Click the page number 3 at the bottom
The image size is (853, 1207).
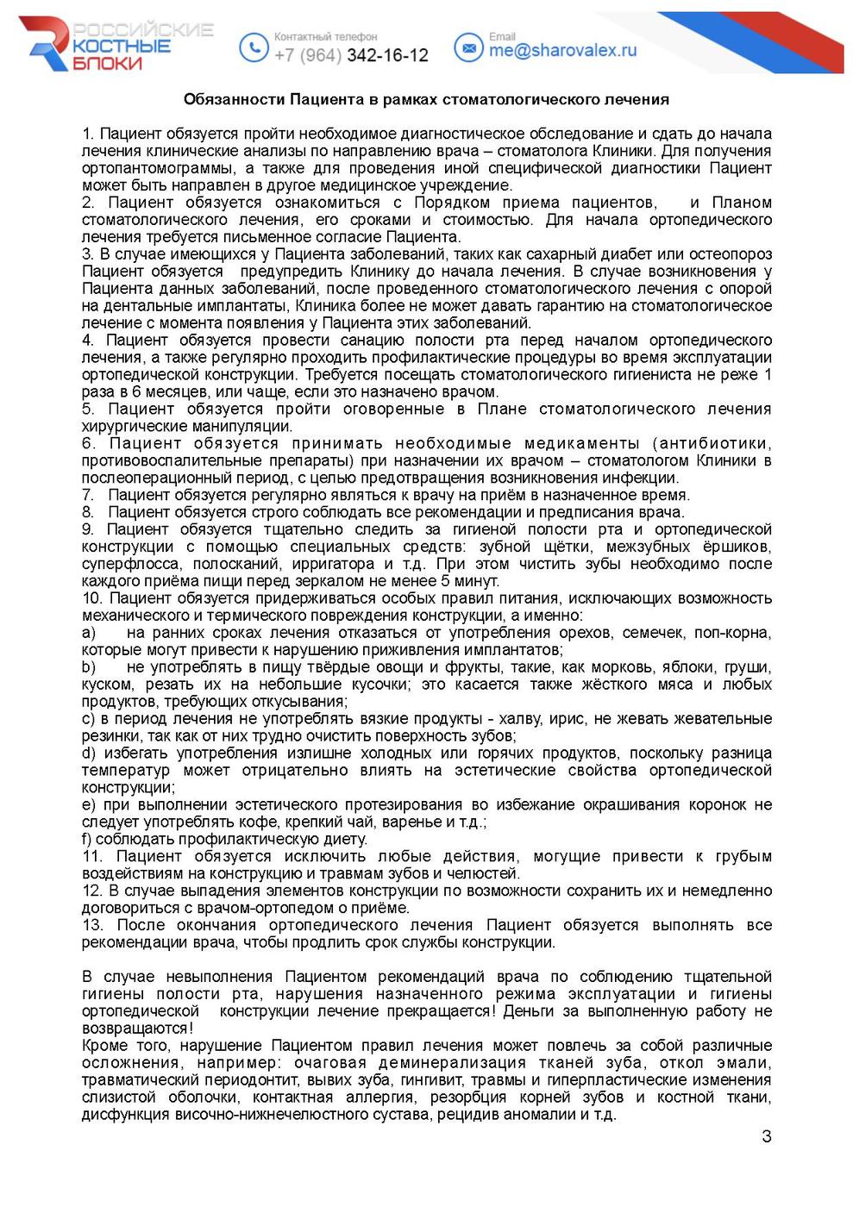(767, 1135)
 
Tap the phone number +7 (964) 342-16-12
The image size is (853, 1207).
(351, 55)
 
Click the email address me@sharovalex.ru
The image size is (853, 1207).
(562, 51)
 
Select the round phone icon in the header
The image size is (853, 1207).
(253, 47)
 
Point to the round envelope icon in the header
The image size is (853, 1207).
(468, 47)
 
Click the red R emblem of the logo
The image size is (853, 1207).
(47, 43)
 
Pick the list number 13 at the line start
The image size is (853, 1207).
(92, 925)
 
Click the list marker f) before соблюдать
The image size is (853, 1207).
(87, 839)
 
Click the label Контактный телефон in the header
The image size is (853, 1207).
(325, 37)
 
